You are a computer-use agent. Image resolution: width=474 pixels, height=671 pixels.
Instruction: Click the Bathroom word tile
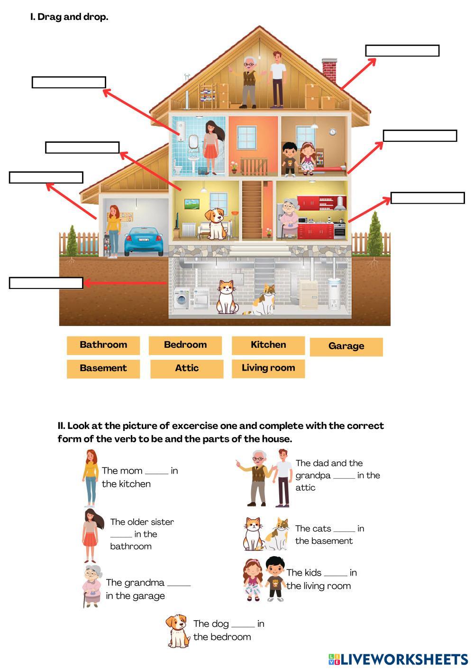point(103,345)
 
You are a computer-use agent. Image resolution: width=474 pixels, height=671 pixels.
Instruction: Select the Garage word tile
point(346,346)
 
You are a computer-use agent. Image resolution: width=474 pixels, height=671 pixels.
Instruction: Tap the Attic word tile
point(187,368)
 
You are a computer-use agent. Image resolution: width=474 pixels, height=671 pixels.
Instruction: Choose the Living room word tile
point(268,368)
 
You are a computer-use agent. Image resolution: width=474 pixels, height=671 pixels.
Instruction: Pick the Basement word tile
point(103,368)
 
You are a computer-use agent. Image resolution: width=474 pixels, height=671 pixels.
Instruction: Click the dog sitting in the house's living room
point(216,223)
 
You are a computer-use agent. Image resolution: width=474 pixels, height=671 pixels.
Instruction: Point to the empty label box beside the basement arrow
point(46,283)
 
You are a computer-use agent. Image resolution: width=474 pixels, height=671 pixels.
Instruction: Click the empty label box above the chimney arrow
point(402,51)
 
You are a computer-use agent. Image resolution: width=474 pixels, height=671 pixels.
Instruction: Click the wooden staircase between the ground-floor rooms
point(252,209)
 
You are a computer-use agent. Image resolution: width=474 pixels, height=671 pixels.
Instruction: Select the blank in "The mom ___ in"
point(156,471)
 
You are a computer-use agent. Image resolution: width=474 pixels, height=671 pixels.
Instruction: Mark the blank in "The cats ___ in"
point(344,529)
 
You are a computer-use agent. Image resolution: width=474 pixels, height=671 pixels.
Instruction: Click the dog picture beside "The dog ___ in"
point(178,631)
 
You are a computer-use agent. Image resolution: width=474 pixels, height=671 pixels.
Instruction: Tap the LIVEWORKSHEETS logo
point(398,659)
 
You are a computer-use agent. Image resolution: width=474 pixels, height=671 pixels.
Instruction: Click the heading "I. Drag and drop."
point(69,17)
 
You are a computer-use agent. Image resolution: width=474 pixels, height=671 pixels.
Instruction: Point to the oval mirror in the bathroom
point(193,141)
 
